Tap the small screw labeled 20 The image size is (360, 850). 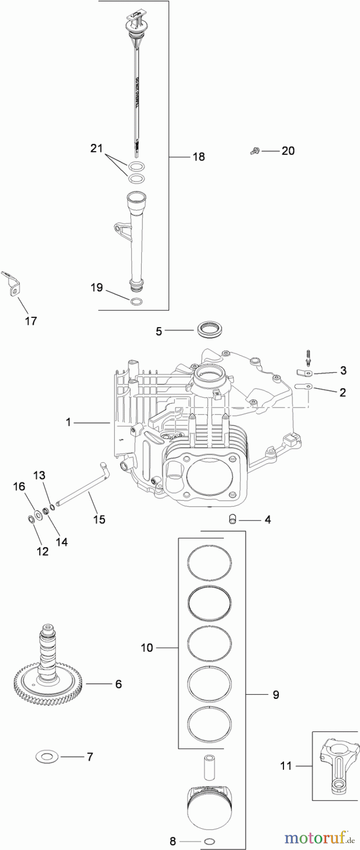[254, 151]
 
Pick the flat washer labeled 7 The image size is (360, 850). [46, 757]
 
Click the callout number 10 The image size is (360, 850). [147, 647]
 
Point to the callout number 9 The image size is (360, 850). [275, 695]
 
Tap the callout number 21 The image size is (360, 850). [96, 149]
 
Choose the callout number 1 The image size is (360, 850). [69, 422]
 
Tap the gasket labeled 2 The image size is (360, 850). [303, 386]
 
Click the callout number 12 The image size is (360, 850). [43, 551]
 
